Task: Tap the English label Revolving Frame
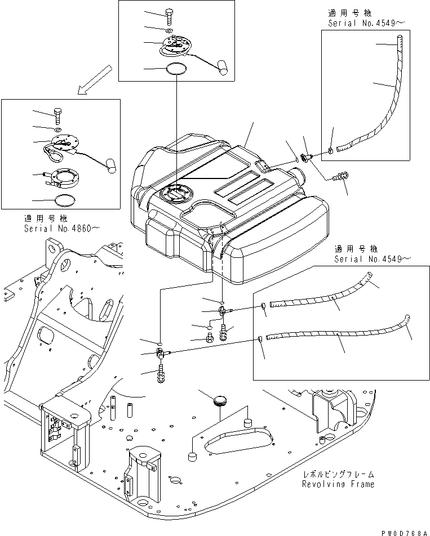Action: pos(338,484)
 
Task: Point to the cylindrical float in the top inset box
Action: pos(223,68)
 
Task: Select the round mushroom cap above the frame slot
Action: pos(219,401)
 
